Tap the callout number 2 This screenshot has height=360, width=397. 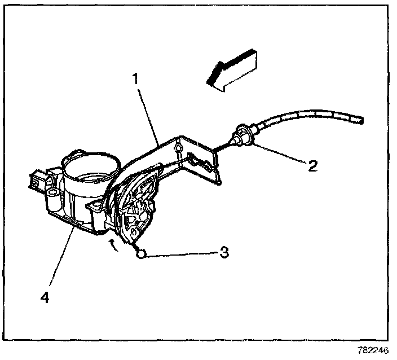click(312, 166)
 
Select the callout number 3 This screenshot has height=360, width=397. click(224, 252)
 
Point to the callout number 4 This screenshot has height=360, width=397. click(46, 296)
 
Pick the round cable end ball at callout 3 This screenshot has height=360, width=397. click(142, 254)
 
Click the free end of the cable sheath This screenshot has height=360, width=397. click(359, 120)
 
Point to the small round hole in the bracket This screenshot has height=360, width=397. click(179, 148)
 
